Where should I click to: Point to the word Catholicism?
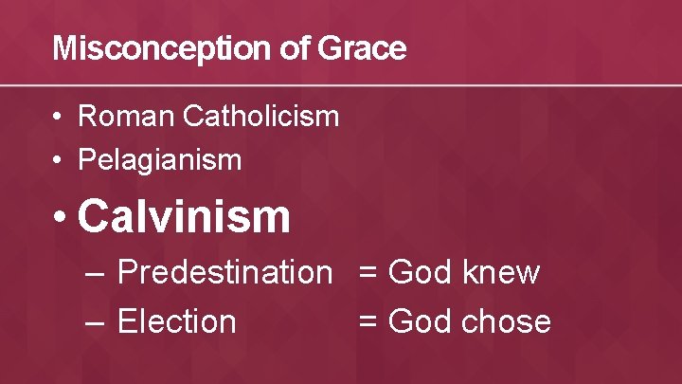[260, 117]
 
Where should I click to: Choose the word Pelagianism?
[160, 160]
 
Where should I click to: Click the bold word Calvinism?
[184, 216]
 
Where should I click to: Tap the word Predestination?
[224, 273]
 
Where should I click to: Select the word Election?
[176, 321]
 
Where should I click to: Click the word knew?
[501, 273]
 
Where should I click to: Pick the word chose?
[507, 321]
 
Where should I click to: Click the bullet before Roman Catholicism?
[59, 118]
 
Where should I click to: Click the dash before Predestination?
[94, 274]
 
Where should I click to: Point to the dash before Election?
[94, 322]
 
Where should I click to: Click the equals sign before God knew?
[368, 274]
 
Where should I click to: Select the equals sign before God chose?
[368, 322]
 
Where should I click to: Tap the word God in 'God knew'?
[421, 273]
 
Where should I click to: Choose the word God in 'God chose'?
[421, 321]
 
